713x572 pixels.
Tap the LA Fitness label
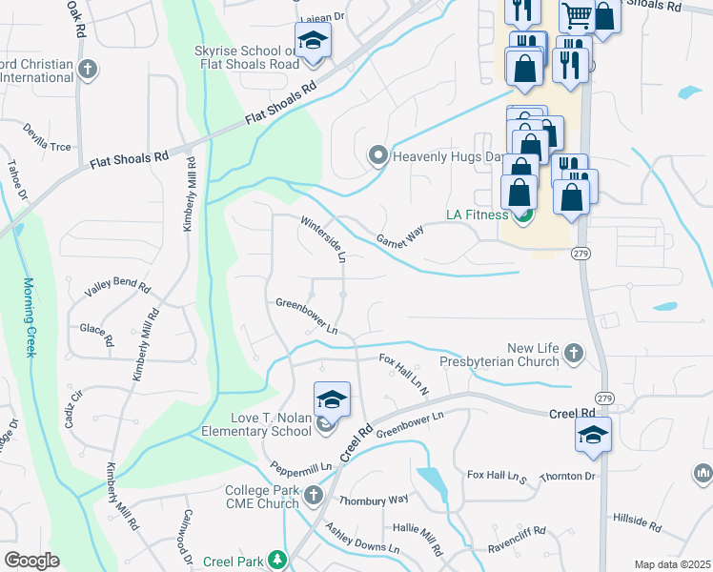click(x=478, y=215)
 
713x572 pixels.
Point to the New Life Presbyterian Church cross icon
click(x=573, y=354)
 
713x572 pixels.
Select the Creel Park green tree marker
click(x=276, y=559)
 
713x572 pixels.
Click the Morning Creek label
click(x=29, y=317)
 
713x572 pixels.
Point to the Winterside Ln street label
click(x=322, y=239)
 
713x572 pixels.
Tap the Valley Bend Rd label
click(x=118, y=285)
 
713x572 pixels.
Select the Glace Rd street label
click(x=97, y=334)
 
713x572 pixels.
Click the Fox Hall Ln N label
click(x=404, y=372)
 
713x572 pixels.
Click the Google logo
click(x=31, y=560)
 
